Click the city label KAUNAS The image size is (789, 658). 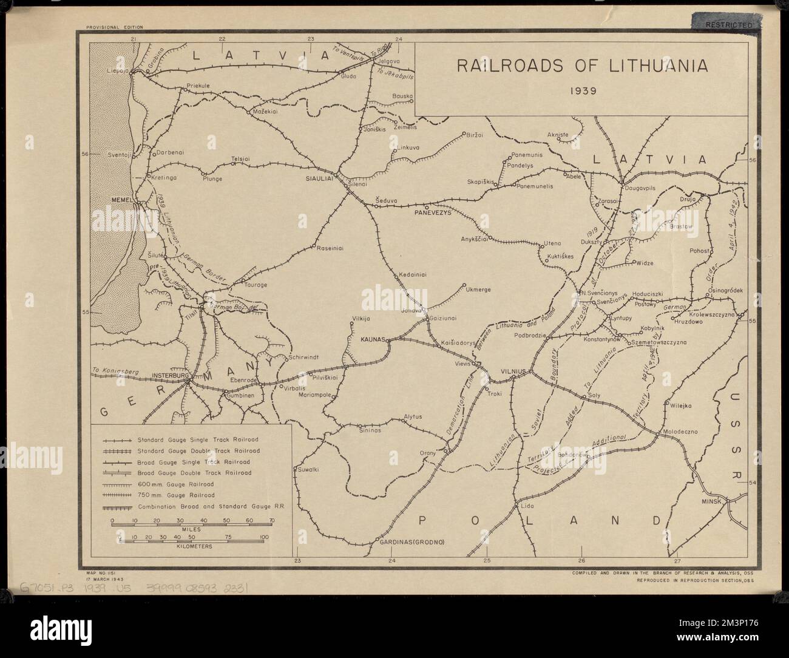[x=373, y=341]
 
